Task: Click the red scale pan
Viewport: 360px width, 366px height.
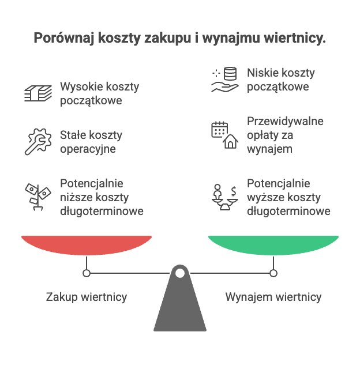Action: click(x=87, y=244)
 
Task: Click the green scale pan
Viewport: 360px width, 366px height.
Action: click(x=273, y=244)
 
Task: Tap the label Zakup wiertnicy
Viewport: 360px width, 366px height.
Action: click(x=87, y=297)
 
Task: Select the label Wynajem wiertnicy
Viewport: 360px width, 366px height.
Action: click(x=273, y=297)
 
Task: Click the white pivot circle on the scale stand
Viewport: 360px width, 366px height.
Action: click(x=180, y=273)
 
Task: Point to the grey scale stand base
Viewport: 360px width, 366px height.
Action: click(x=180, y=308)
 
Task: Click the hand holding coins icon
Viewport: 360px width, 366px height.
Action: click(x=224, y=80)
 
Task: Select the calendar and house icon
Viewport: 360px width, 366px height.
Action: click(x=224, y=135)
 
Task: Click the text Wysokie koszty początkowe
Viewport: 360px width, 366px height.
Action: click(x=99, y=93)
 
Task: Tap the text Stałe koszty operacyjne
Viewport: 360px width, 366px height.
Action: click(x=91, y=142)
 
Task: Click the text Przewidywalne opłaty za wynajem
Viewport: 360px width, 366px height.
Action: click(x=285, y=135)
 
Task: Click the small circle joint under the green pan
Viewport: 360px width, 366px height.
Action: click(x=273, y=273)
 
